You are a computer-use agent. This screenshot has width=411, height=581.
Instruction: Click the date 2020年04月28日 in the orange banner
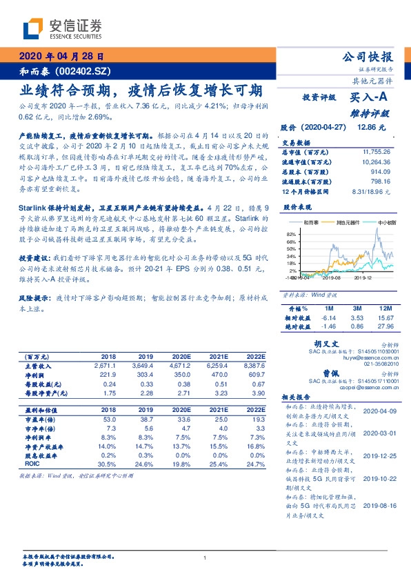pyautogui.click(x=61, y=57)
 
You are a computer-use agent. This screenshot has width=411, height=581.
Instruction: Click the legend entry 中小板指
pyautogui.click(x=385, y=224)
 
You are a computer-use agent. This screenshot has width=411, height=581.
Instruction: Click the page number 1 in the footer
pyautogui.click(x=205, y=558)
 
